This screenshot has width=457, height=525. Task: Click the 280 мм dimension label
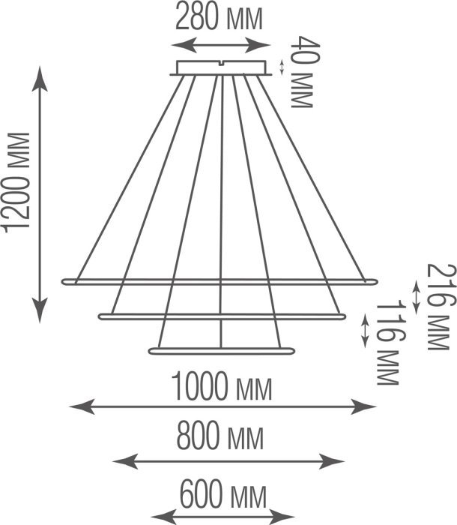click(x=219, y=16)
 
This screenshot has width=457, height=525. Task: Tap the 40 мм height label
click(x=300, y=72)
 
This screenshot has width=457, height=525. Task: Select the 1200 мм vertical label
click(x=16, y=181)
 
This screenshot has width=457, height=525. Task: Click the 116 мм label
click(x=387, y=343)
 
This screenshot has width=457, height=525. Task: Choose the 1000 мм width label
click(x=221, y=388)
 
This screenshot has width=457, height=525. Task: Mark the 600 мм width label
click(x=222, y=496)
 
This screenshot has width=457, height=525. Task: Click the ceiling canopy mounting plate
click(x=221, y=68)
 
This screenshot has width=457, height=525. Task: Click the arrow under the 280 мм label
click(x=219, y=45)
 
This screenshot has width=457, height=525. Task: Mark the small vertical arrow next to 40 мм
click(x=282, y=67)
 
